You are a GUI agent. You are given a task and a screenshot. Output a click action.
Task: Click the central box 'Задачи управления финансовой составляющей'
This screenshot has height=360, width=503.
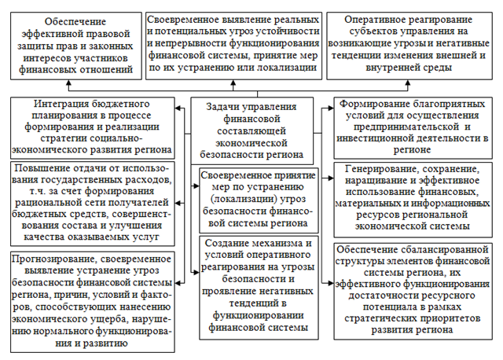251,130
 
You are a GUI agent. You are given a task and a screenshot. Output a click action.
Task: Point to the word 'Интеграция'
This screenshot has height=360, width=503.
65,105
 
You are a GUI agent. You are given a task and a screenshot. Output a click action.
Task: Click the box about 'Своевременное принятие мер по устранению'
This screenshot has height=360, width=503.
251,197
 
